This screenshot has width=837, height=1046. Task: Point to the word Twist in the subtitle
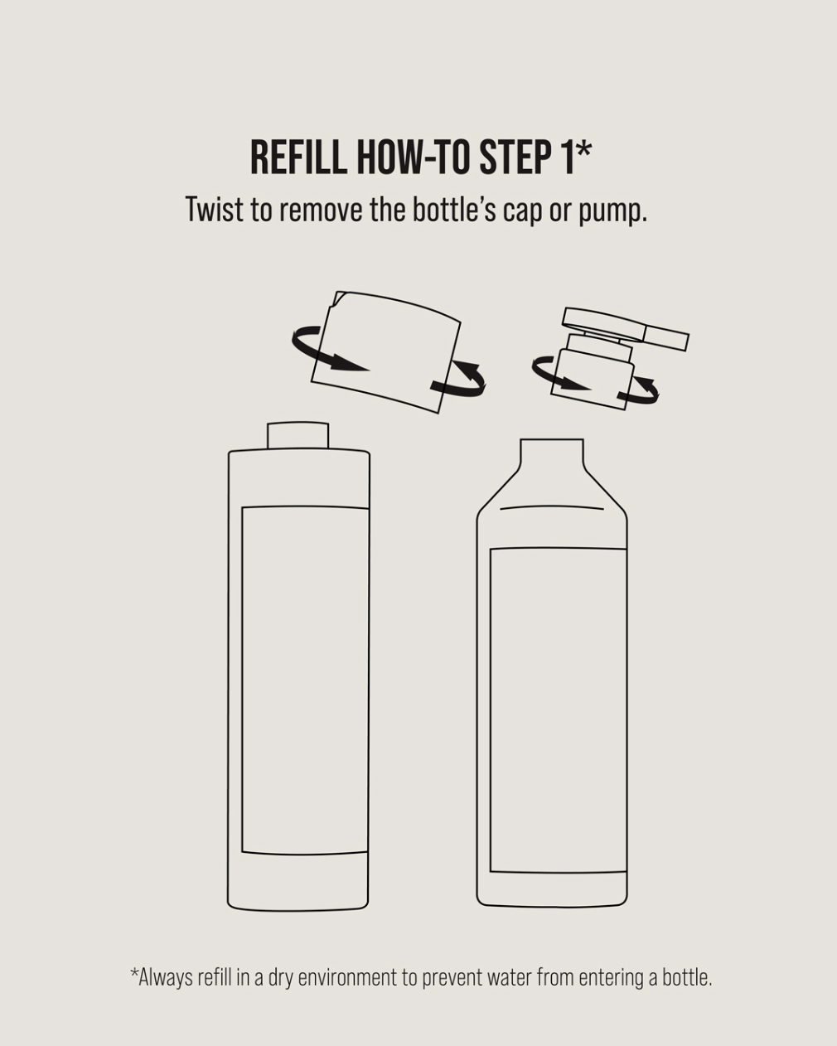(214, 209)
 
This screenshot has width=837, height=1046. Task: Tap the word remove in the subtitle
(322, 211)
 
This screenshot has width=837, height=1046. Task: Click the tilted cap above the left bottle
(386, 352)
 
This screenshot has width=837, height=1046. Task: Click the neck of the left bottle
(298, 436)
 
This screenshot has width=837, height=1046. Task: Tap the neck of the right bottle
(552, 453)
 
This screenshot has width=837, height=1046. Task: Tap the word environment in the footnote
(347, 977)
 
